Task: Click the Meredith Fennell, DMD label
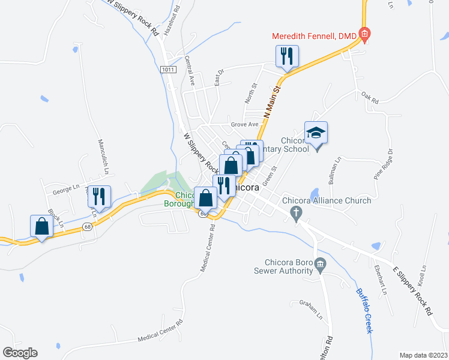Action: [x=315, y=37]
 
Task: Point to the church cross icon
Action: [x=295, y=212]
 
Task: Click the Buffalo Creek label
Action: [x=364, y=311]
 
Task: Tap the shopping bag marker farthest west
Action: [x=41, y=227]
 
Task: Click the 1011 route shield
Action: [x=169, y=70]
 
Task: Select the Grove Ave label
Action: [x=244, y=125]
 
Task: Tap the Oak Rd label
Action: [x=370, y=98]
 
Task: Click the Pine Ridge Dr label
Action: [x=382, y=164]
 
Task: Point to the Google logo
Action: [x=20, y=353]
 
